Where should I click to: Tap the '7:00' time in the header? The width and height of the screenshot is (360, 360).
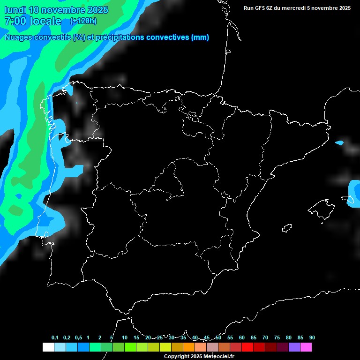click(15, 21)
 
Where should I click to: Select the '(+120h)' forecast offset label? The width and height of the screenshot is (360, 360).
click(83, 21)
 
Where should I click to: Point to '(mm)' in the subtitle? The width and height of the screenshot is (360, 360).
click(200, 37)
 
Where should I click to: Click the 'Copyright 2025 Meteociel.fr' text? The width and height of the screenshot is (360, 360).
click(199, 357)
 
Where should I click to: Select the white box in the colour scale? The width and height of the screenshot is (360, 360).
click(48, 347)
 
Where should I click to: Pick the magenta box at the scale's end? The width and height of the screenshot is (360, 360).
click(306, 347)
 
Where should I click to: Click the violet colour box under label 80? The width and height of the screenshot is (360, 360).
click(294, 347)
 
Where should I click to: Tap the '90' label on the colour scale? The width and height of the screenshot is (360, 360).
click(312, 337)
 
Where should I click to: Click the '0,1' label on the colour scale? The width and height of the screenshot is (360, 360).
click(55, 337)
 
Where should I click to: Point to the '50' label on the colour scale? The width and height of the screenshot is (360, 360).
click(218, 337)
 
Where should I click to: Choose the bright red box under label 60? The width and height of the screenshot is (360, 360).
click(247, 347)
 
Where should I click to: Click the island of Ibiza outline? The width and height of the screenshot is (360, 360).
click(287, 228)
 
